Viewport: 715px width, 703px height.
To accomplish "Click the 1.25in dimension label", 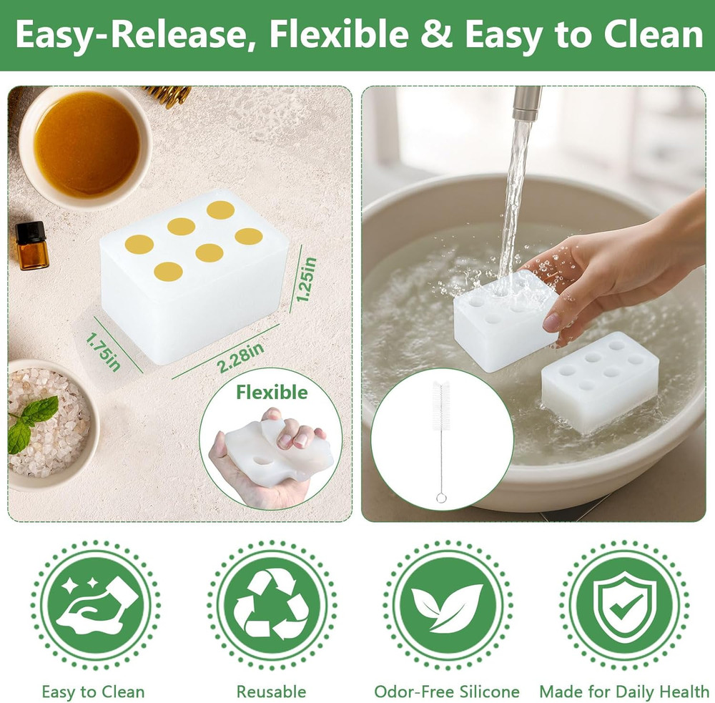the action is point(306,279).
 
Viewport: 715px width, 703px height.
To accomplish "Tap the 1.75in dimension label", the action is point(104,351).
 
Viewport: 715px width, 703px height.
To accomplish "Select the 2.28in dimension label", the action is point(240,357).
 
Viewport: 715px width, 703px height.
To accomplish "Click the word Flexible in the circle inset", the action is point(271,393).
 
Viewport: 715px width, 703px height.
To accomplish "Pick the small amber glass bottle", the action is point(32,245).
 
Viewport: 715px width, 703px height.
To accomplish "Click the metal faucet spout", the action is point(527,103).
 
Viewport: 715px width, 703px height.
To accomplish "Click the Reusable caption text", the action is point(271,692).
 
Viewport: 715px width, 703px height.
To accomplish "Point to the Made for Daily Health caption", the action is point(624,692).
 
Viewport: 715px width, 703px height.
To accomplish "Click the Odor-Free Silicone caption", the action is point(447,692).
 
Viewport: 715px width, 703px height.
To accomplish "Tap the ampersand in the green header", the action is point(436,34).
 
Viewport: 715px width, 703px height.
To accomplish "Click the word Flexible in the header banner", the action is point(339,34).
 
